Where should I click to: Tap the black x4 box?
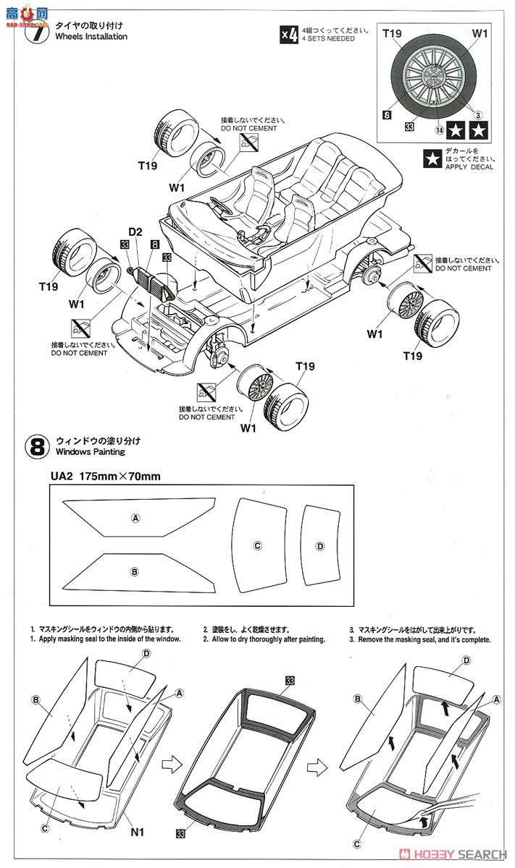click(289, 35)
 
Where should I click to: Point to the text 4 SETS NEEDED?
click(330, 39)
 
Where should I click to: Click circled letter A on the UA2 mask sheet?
click(134, 518)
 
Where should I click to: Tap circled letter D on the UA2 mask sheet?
click(319, 545)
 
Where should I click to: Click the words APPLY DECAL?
click(469, 166)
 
